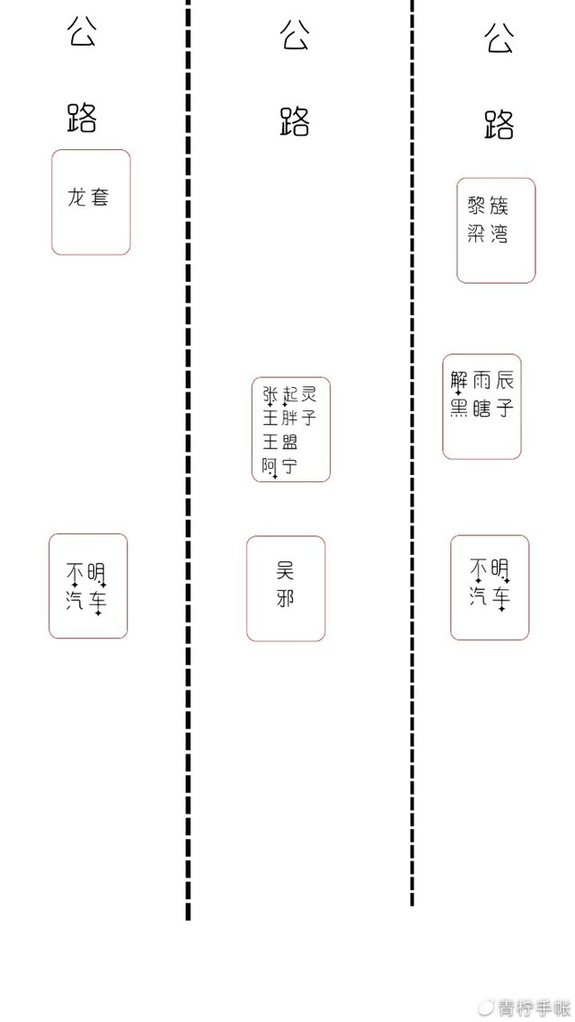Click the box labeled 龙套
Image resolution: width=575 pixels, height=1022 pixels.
pyautogui.click(x=91, y=202)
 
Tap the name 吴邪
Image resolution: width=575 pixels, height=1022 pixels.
pyautogui.click(x=285, y=584)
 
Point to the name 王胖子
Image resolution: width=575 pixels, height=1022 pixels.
pyautogui.click(x=289, y=418)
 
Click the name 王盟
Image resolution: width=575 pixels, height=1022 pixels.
pyautogui.click(x=280, y=444)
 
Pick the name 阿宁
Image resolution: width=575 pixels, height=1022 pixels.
pyautogui.click(x=280, y=467)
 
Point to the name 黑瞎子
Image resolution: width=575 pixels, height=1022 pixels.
pyautogui.click(x=482, y=408)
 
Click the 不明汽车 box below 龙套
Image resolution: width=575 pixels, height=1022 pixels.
pyautogui.click(x=88, y=586)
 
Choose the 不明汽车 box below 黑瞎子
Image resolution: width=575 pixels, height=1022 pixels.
pyautogui.click(x=490, y=587)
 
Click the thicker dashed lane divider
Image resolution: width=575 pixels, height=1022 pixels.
pyautogui.click(x=189, y=460)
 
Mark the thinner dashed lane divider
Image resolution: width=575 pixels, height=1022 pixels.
pyautogui.click(x=412, y=453)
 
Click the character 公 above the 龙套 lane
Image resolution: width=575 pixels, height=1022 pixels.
pyautogui.click(x=82, y=31)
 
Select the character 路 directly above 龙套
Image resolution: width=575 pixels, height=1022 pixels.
pyautogui.click(x=82, y=118)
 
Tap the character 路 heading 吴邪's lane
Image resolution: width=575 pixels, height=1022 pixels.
pyautogui.click(x=294, y=120)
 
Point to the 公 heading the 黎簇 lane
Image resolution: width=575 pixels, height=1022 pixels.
pyautogui.click(x=500, y=37)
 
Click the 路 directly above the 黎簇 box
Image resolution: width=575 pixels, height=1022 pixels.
pyautogui.click(x=500, y=124)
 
